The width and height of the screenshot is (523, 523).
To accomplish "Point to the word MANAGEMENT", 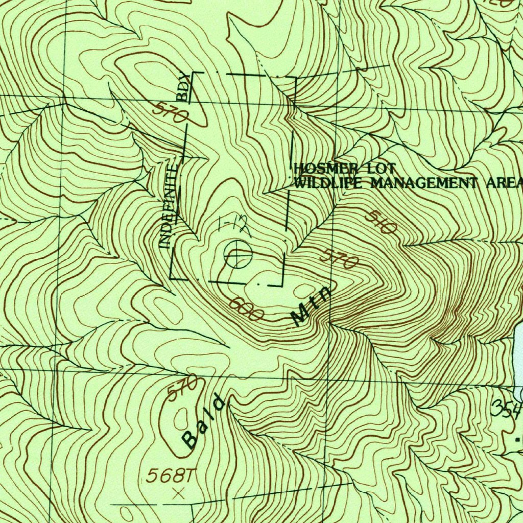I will click(423, 182).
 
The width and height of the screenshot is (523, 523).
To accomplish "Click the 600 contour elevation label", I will click(246, 308).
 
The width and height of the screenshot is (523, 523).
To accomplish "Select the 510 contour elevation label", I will click(381, 223).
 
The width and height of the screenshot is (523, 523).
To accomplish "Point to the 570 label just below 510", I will click(339, 259).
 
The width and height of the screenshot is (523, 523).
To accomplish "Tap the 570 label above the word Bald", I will click(182, 388).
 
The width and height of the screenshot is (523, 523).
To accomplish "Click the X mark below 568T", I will click(178, 493).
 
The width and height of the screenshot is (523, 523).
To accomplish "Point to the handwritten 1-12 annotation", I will click(233, 225).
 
